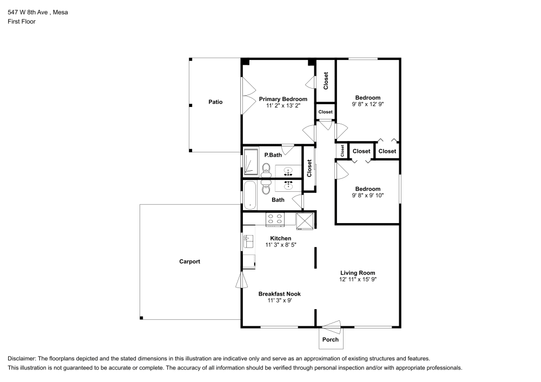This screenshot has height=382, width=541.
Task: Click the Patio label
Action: point(215,102)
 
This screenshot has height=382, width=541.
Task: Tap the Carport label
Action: point(189,262)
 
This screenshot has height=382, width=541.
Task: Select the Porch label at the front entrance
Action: point(330,340)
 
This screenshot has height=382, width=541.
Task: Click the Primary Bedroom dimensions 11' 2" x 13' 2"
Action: point(283,106)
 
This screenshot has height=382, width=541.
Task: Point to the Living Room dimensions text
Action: point(358,279)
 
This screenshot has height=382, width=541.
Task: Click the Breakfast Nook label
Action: point(280,294)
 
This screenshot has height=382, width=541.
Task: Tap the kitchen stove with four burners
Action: point(275,219)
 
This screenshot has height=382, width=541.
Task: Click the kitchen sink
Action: point(248,241)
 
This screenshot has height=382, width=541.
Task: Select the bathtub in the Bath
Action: point(250,195)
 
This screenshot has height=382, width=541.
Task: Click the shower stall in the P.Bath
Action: point(251,161)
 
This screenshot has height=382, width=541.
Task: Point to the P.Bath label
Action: point(273,155)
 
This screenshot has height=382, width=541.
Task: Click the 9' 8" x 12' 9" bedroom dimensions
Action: point(368,104)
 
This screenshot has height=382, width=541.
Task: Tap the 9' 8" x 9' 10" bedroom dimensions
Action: point(368,195)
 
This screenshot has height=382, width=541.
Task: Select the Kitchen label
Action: point(280,238)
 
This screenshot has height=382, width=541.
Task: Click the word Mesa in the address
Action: point(61,12)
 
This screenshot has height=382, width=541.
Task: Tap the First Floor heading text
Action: point(22,22)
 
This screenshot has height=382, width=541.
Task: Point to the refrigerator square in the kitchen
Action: point(305,221)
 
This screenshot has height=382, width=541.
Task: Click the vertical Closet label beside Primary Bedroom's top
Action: point(326,81)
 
